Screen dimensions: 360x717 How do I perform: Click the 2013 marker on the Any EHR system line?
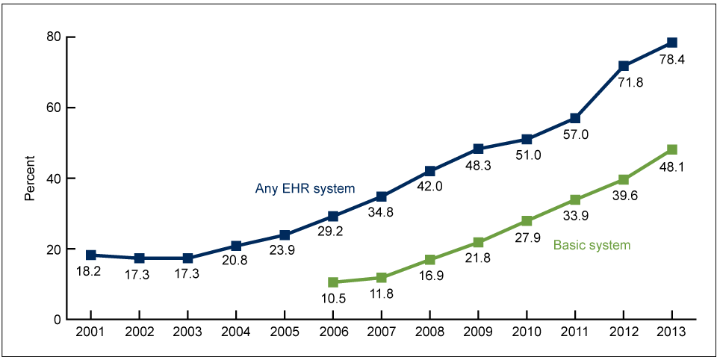point(672,43)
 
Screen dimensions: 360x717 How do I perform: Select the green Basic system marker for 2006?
point(333,282)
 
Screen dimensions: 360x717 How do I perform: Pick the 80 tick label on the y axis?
point(53,37)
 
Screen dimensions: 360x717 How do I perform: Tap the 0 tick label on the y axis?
point(57,320)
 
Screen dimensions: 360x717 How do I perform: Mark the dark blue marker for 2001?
point(90,255)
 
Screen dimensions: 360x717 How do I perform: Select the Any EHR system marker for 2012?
point(624,66)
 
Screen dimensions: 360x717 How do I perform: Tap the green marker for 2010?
point(527,221)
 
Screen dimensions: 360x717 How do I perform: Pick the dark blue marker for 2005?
point(285,235)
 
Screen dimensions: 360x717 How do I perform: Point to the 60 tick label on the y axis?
point(53,108)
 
